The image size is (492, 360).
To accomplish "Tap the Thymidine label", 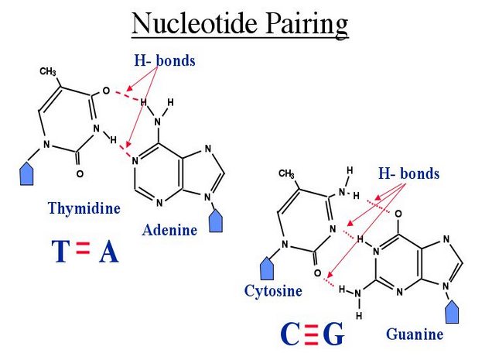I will [x=83, y=207].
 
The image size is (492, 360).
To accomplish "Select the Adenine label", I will [x=170, y=229].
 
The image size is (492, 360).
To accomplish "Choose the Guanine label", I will [x=415, y=334].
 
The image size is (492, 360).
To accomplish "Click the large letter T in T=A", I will [x=63, y=252].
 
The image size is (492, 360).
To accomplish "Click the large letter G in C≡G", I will [x=333, y=334].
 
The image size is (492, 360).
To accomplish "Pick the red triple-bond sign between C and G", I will [x=312, y=334].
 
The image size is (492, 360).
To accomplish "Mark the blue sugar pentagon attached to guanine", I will [x=453, y=313].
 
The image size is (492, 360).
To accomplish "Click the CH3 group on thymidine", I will [x=48, y=72].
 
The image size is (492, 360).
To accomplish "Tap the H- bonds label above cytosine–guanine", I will [x=408, y=173].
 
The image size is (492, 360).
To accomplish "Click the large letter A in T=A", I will [x=108, y=252].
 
